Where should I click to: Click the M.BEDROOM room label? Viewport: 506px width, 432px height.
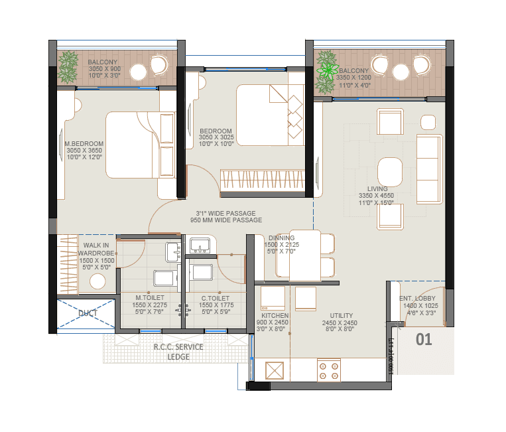pyautogui.click(x=84, y=144)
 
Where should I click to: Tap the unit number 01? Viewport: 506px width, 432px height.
pyautogui.click(x=424, y=340)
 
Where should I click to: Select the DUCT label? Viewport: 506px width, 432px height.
pyautogui.click(x=88, y=313)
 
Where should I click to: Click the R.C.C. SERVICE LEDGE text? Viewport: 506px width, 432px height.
pyautogui.click(x=178, y=351)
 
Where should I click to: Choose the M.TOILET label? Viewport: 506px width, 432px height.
pyautogui.click(x=150, y=298)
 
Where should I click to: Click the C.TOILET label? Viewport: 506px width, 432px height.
pyautogui.click(x=215, y=298)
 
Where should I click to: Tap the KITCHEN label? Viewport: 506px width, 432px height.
pyautogui.click(x=275, y=316)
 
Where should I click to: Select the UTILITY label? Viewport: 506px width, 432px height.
pyautogui.click(x=341, y=316)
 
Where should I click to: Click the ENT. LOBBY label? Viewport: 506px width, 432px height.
pyautogui.click(x=417, y=299)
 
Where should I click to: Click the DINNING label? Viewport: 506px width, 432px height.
pyautogui.click(x=282, y=238)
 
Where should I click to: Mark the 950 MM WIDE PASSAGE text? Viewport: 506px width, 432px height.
pyautogui.click(x=226, y=220)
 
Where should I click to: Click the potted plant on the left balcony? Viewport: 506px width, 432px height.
pyautogui.click(x=68, y=67)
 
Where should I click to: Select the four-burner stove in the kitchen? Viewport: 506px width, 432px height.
pyautogui.click(x=329, y=370)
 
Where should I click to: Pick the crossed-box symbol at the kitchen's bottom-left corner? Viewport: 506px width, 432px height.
pyautogui.click(x=275, y=370)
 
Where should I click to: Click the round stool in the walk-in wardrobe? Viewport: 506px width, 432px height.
pyautogui.click(x=97, y=281)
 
